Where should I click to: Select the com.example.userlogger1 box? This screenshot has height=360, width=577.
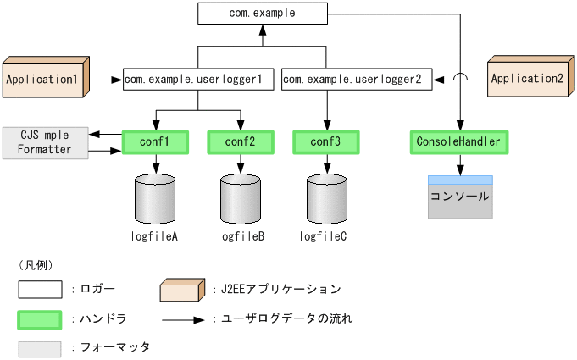pos(199,79)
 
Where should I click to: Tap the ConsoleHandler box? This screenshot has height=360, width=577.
pos(459,141)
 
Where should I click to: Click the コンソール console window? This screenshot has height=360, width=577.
pos(460,197)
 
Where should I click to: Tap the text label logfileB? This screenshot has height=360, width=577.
pos(240,236)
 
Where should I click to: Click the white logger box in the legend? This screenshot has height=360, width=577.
pos(40,290)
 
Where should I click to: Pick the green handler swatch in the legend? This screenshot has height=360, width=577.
pos(40,319)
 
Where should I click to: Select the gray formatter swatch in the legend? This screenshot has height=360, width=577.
pos(40,348)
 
